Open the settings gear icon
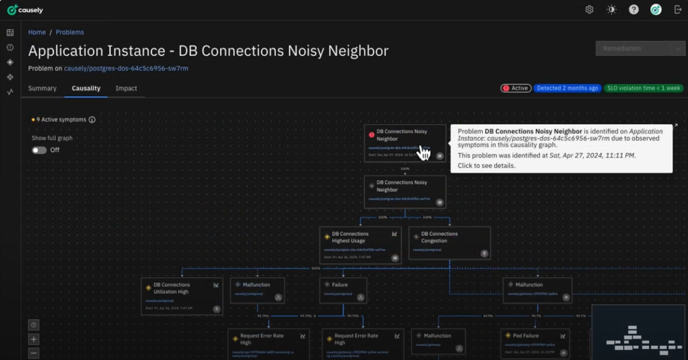click(x=589, y=10)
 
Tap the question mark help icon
click(x=634, y=10)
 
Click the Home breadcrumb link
click(x=37, y=32)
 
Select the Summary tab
click(x=42, y=88)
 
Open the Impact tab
click(x=126, y=88)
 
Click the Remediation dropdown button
click(x=640, y=48)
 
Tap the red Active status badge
click(x=516, y=88)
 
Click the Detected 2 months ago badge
click(x=567, y=88)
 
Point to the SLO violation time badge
click(x=644, y=88)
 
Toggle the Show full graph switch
click(x=39, y=150)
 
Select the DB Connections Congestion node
click(x=449, y=243)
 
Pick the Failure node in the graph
click(x=343, y=290)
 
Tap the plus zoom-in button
click(x=34, y=340)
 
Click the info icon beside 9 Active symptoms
click(x=92, y=120)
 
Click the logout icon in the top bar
click(x=678, y=10)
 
